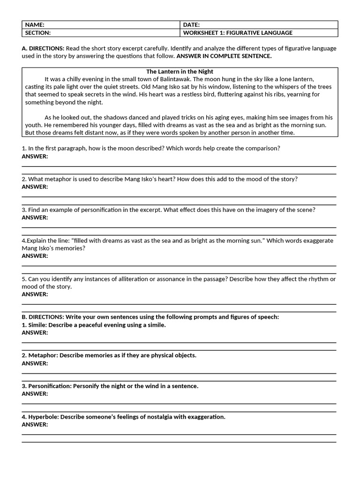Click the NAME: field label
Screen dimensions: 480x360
(35, 25)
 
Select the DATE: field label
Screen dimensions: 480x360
(191, 25)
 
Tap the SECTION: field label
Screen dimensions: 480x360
(38, 33)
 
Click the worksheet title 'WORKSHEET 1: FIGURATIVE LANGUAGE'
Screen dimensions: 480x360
(238, 33)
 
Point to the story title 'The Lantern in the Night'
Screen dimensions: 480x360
(180, 71)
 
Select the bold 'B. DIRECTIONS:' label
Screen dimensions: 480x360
(43, 317)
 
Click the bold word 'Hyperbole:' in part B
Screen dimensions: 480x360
(44, 417)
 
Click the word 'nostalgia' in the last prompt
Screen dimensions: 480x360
(158, 417)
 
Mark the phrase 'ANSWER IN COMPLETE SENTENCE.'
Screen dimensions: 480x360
(224, 56)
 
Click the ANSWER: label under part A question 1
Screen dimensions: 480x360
(35, 156)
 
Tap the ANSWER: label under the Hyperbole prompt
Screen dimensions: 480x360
(35, 424)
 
